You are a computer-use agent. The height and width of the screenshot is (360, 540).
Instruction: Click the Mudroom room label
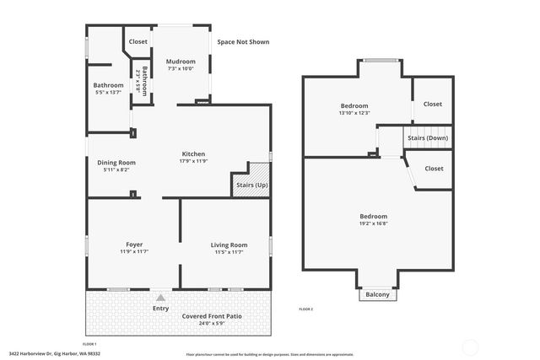[181, 62]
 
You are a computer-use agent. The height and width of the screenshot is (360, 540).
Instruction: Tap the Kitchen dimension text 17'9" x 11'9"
[193, 161]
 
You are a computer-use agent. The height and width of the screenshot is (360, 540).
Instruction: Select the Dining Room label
[116, 163]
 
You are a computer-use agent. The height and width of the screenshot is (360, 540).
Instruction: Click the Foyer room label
[134, 244]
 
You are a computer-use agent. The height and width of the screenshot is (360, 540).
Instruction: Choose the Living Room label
[229, 244]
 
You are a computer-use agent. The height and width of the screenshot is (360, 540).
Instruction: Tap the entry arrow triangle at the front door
[160, 297]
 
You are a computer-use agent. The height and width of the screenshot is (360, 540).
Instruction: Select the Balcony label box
[377, 294]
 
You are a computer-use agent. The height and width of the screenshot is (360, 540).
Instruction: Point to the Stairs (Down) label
[428, 137]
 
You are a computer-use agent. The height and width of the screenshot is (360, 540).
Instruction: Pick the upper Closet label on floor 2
[433, 104]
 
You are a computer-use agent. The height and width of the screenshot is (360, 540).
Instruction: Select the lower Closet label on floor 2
[434, 168]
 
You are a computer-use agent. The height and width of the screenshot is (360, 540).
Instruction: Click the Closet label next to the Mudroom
[138, 41]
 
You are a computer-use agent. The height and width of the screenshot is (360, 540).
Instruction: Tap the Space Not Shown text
[243, 41]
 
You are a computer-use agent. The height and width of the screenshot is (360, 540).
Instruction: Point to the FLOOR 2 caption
[305, 309]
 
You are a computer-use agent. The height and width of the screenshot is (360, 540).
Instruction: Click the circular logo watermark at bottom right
[469, 346]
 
